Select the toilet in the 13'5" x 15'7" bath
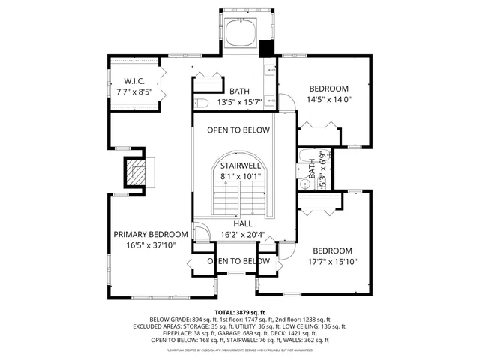(x=201, y=103)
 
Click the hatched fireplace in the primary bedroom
(x=136, y=172)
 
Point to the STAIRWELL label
(x=240, y=165)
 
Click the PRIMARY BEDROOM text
(x=151, y=234)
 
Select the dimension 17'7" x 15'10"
(x=332, y=262)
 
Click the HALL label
(x=242, y=223)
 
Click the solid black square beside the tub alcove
(x=267, y=49)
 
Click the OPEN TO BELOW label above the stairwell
(x=238, y=130)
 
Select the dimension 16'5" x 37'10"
(x=151, y=245)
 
